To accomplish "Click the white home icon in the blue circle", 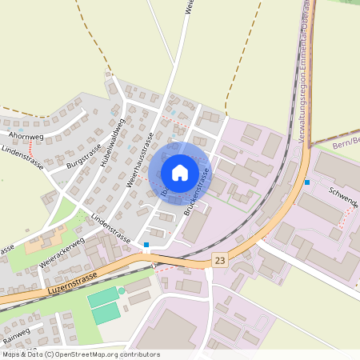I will coord(180,172).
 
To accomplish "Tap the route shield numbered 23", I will coord(220,260).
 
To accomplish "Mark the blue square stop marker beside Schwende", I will coord(307,182).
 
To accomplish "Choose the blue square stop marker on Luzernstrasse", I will coord(146,245).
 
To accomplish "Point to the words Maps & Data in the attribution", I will coord(22,354).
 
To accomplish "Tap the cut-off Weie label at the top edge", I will coord(190,8).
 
